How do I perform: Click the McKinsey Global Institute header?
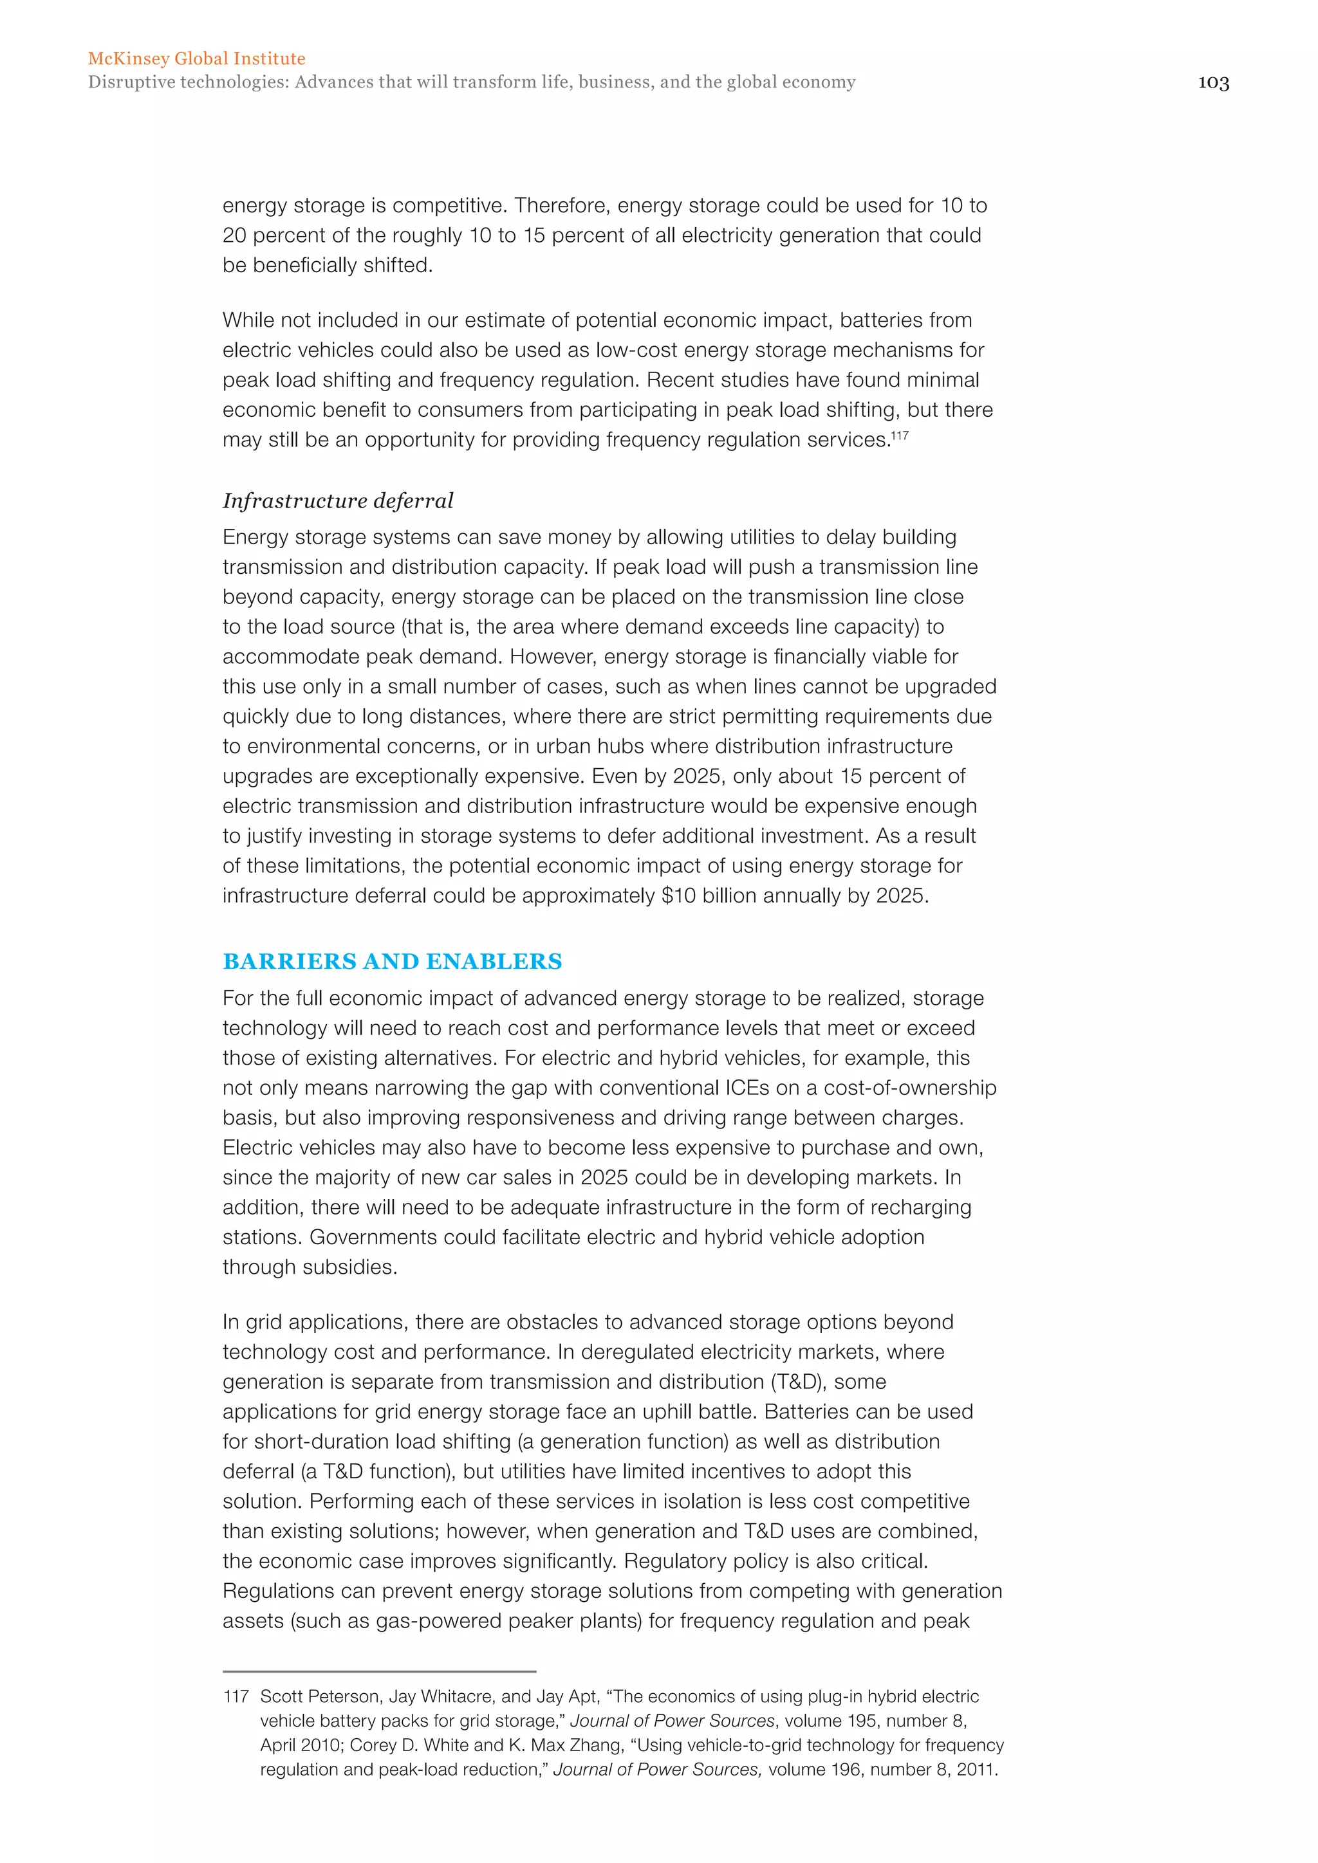click(196, 59)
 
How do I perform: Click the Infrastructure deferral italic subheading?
click(338, 500)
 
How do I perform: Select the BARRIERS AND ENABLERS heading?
click(392, 962)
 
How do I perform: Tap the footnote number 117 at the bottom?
click(236, 1696)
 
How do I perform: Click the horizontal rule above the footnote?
click(379, 1671)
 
